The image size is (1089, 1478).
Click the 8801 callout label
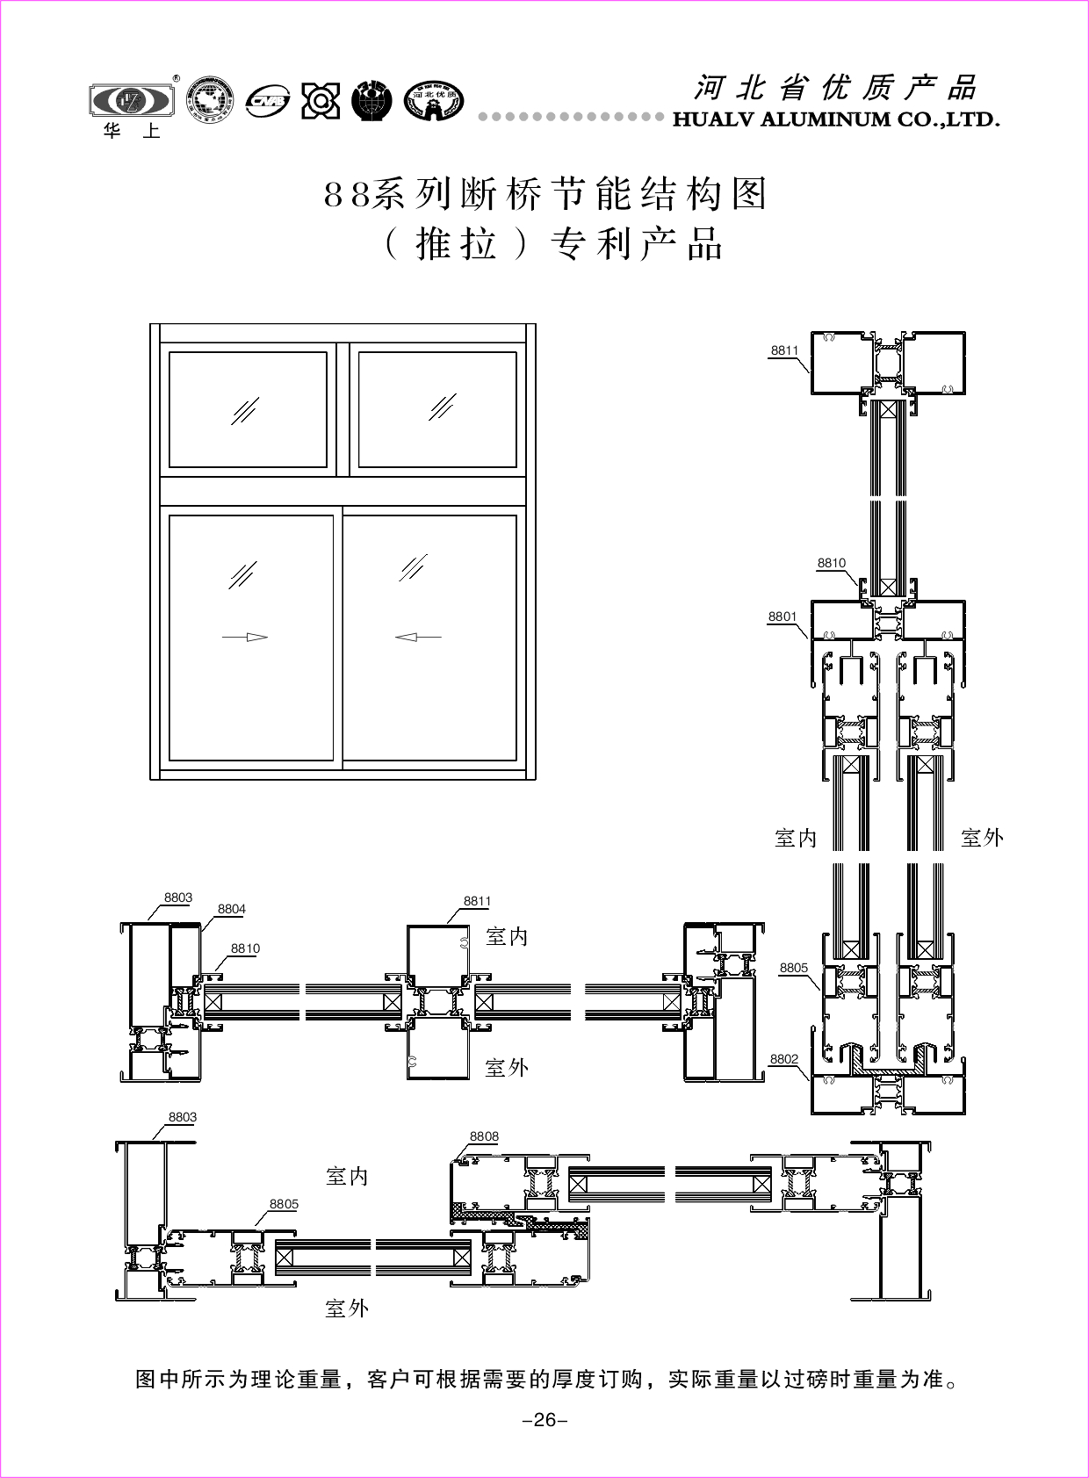[x=782, y=616]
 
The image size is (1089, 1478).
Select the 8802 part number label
[x=783, y=1059]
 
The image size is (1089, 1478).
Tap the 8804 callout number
[x=231, y=909]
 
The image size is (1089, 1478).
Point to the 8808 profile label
[x=484, y=1136]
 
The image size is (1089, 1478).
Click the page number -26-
[x=544, y=1420]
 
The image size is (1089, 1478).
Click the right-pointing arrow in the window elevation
[x=245, y=637]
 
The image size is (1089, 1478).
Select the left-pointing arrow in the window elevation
[x=418, y=637]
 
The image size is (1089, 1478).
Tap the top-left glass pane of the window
[x=248, y=409]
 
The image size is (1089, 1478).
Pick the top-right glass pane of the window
[x=437, y=409]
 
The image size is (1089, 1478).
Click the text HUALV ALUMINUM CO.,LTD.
[x=836, y=119]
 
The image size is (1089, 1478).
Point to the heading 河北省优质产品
[x=835, y=88]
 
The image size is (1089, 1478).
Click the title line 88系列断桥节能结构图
[x=545, y=194]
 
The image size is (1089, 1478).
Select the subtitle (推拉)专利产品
[x=553, y=244]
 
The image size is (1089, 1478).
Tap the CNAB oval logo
[x=268, y=101]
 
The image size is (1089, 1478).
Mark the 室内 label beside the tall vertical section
[x=796, y=838]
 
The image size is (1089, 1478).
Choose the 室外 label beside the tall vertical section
[x=982, y=838]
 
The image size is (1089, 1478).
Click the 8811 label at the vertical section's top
[x=784, y=350]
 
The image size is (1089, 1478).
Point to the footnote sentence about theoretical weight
[x=544, y=1379]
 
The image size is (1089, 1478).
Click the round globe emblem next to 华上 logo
[x=211, y=99]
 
